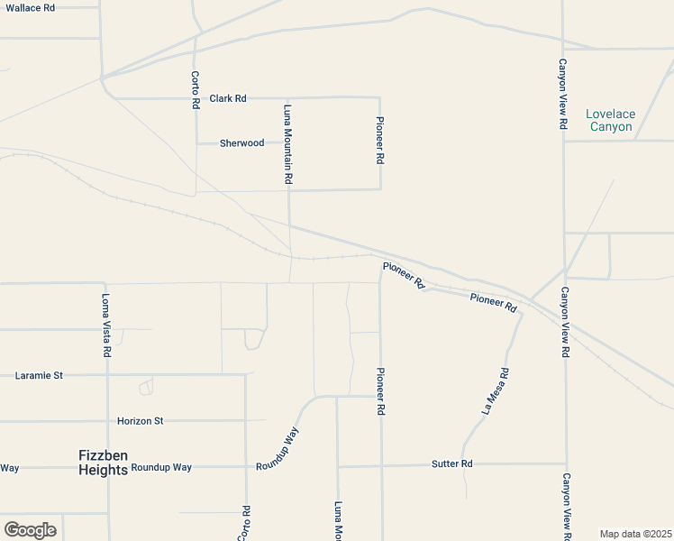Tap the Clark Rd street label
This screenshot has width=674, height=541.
(x=228, y=98)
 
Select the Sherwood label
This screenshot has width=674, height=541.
(x=242, y=143)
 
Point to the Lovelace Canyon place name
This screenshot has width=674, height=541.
(x=610, y=120)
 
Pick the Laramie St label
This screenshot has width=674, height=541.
(x=39, y=375)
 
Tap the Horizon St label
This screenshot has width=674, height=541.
(x=140, y=421)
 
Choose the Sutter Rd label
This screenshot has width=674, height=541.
(x=451, y=463)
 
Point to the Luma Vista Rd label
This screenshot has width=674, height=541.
(x=106, y=326)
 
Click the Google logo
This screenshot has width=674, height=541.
(x=30, y=530)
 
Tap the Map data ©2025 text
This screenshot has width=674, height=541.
(x=634, y=534)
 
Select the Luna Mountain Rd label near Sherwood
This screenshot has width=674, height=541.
(x=288, y=145)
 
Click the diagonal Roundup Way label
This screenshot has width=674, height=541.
(x=278, y=448)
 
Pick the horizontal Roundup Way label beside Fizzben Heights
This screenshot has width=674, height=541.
(x=161, y=467)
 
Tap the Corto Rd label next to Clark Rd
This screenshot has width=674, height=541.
(x=196, y=90)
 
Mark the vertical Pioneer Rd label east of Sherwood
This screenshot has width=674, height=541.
(x=380, y=140)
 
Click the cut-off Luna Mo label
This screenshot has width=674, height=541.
(x=339, y=521)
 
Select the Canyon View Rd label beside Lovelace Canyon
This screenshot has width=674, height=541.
(x=562, y=95)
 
